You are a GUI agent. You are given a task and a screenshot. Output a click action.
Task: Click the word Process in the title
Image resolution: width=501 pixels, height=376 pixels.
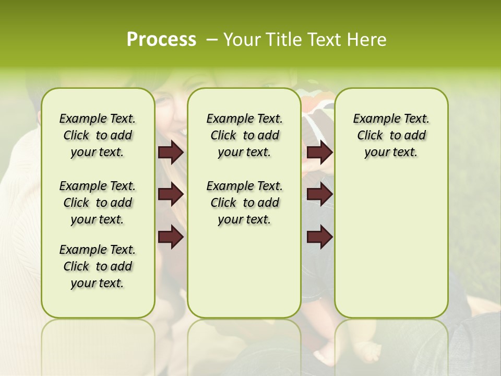point(161,39)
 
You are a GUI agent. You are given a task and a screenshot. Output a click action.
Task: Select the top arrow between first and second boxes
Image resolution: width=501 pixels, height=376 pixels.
point(171,152)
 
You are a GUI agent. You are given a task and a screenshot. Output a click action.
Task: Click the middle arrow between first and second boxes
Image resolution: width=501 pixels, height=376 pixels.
point(171,194)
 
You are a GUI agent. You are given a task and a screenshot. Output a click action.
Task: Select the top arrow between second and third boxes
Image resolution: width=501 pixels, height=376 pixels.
point(320,152)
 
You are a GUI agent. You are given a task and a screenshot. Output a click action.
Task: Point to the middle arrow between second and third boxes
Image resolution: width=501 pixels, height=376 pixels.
point(320,194)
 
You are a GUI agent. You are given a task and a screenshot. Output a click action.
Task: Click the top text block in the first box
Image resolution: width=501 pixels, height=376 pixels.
point(98,135)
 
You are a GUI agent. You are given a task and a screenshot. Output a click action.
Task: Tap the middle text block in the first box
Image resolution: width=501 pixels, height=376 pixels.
point(98,203)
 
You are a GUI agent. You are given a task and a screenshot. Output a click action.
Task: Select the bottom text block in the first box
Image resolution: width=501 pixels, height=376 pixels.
point(98,266)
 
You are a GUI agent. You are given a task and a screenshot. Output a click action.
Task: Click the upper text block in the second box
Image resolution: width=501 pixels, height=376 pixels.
point(244,135)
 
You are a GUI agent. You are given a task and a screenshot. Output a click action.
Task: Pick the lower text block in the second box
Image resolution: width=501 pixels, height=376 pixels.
point(244,203)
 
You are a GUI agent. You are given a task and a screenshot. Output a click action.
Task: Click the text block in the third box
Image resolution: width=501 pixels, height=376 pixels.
point(391,135)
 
